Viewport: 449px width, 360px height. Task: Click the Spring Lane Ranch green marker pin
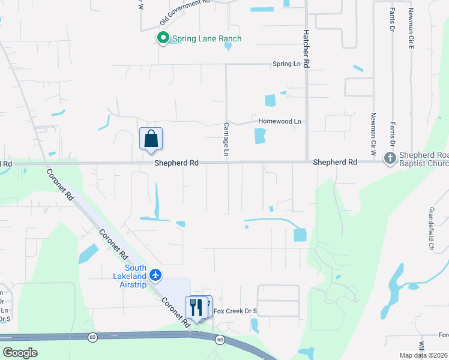coord(162,39)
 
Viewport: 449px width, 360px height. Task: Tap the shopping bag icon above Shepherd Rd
coord(151,139)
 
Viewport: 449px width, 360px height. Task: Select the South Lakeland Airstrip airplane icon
coord(156,275)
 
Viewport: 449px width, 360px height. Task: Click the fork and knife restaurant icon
coord(196,307)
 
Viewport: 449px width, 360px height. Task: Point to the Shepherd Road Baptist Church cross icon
coord(390,158)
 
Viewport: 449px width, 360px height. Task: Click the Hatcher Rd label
coord(306,48)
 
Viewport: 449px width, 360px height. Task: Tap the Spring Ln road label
coord(286,64)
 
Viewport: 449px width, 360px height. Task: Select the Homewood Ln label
coord(279,121)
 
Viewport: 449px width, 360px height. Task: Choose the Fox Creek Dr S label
coord(235,311)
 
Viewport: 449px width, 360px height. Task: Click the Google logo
coord(21,353)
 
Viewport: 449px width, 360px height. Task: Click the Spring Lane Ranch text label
coord(206,39)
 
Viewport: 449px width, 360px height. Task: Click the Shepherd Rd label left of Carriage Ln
coord(176,163)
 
